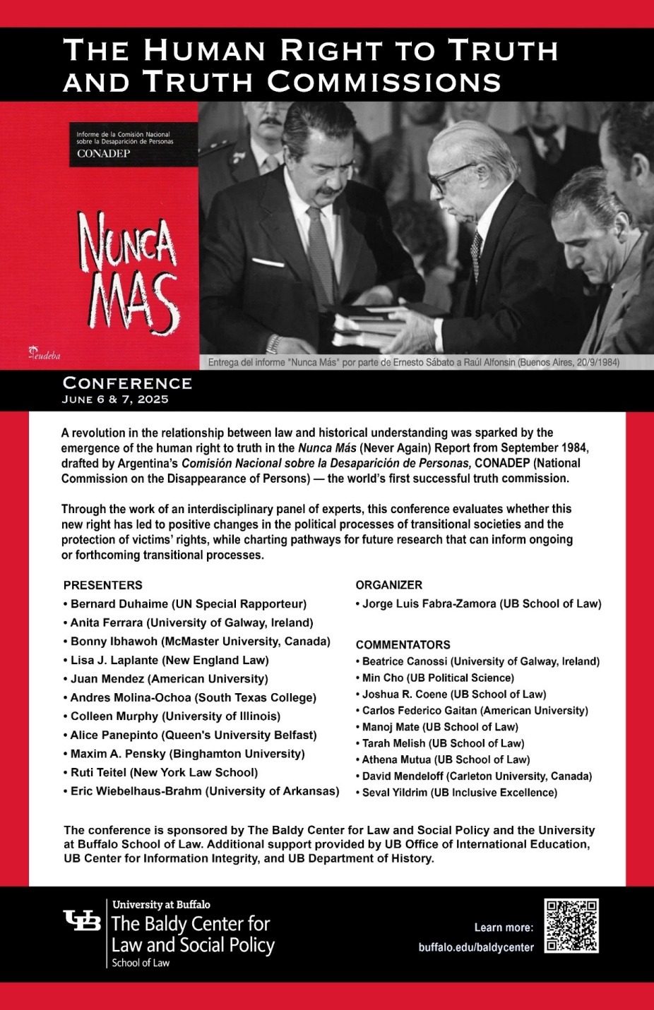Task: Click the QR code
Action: pos(571,925)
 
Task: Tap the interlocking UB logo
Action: pos(82,920)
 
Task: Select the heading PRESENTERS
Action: pos(102,585)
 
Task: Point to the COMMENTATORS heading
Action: pos(403,644)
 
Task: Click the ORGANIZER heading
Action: pos(388,585)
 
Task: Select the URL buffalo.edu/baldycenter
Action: pos(476,947)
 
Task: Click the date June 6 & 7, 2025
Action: pos(115,399)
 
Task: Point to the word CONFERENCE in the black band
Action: pos(127,383)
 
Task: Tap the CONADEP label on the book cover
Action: pos(103,154)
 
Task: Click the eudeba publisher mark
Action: pos(44,354)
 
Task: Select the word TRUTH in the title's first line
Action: pos(503,51)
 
